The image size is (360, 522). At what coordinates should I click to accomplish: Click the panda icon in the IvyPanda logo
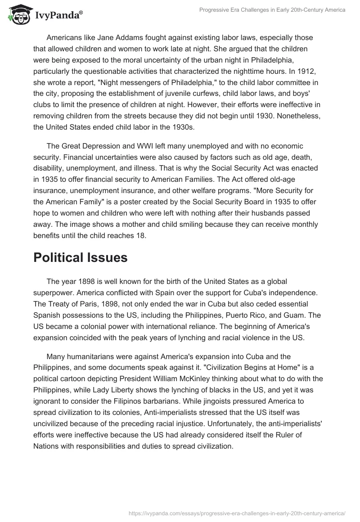[18, 14]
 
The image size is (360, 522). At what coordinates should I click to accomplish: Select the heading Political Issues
[81, 257]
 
